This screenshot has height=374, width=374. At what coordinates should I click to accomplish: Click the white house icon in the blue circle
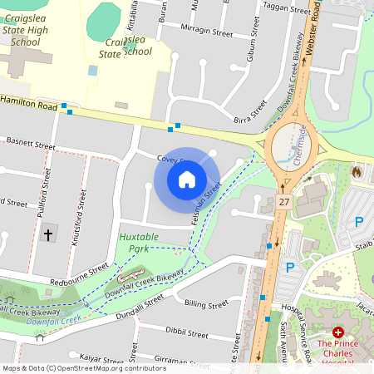pos(187,180)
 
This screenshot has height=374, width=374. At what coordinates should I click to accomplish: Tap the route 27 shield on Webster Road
pos(284,202)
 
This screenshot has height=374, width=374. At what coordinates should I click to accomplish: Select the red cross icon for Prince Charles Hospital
pos(337,331)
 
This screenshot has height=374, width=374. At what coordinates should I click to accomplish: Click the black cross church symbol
pos(47,235)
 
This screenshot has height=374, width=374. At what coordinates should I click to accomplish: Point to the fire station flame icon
pos(357,172)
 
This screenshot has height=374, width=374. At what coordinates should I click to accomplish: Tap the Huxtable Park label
pos(138,243)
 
